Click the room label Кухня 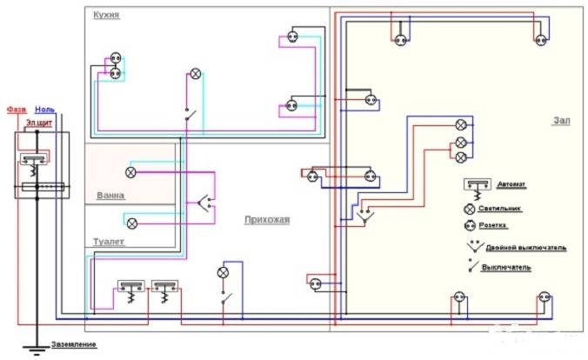click(x=106, y=16)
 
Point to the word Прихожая click(x=266, y=220)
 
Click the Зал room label click(x=560, y=121)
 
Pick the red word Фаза click(x=16, y=110)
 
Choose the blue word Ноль click(x=44, y=110)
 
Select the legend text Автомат click(x=512, y=185)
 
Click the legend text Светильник click(x=519, y=209)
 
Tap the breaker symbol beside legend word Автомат click(x=475, y=187)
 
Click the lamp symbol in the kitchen click(x=196, y=75)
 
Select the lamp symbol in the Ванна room click(x=131, y=172)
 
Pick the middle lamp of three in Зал click(x=461, y=142)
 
